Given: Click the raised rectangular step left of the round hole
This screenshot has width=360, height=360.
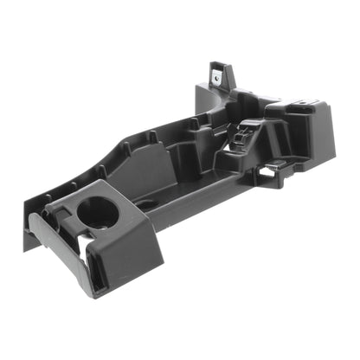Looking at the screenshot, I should [x=60, y=209].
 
